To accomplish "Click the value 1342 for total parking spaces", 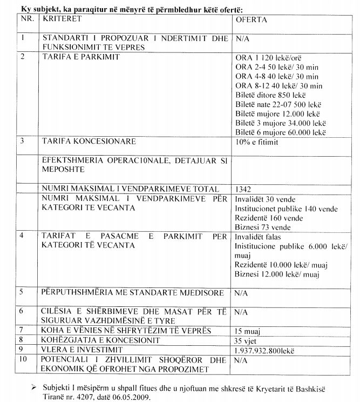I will pyautogui.click(x=243, y=189).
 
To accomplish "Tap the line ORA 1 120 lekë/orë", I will pyautogui.click(x=271, y=57).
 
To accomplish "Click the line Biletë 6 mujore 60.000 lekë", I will pyautogui.click(x=280, y=132).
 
